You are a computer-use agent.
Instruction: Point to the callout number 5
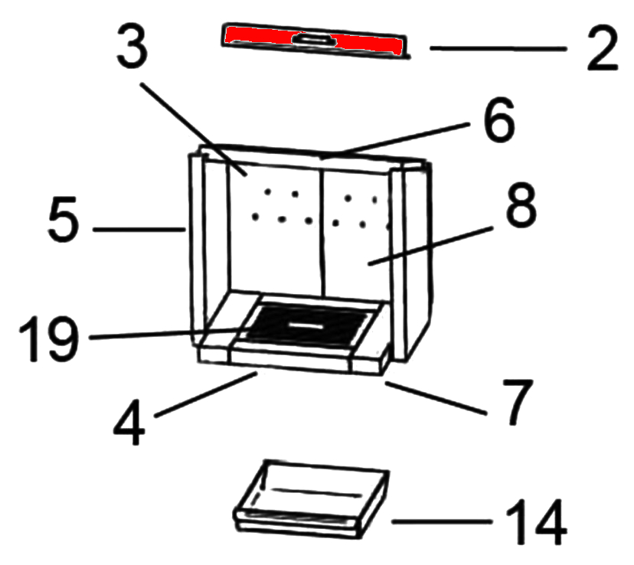pos(61,222)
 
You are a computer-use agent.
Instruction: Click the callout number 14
pos(536,522)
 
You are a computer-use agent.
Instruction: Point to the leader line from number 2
pos(498,48)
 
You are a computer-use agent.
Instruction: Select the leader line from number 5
pos(138,229)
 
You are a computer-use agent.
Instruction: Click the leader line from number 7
pos(436,397)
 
